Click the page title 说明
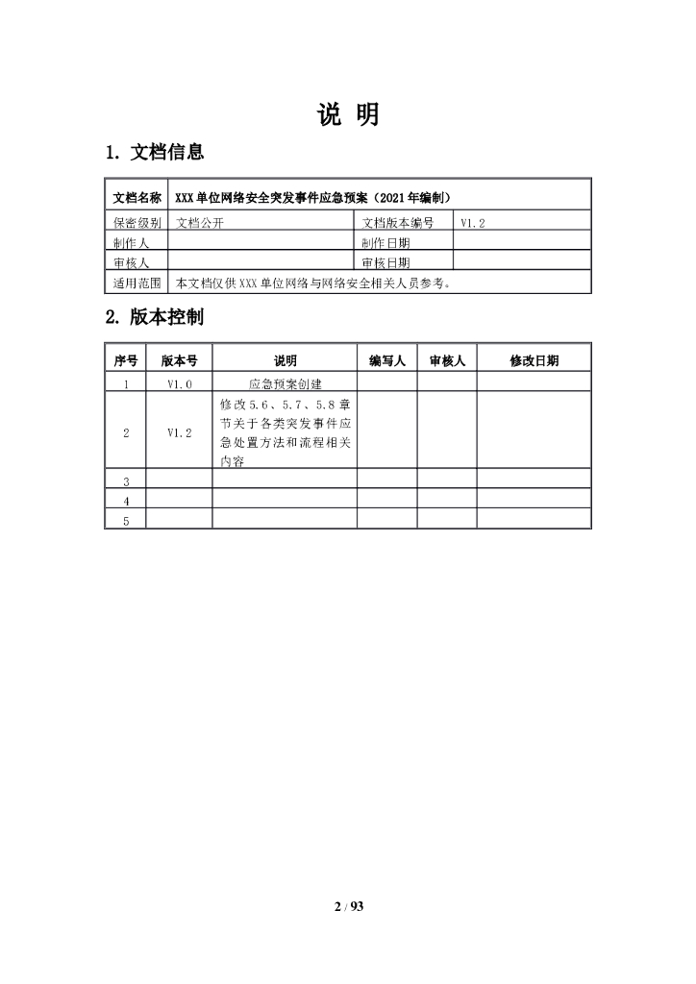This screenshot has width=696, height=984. click(x=348, y=114)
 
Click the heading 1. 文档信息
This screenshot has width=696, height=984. click(x=154, y=152)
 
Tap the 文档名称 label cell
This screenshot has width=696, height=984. click(x=137, y=198)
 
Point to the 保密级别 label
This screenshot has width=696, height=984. click(x=137, y=222)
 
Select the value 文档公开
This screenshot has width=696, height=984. click(x=199, y=222)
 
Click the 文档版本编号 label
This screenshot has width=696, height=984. click(x=398, y=222)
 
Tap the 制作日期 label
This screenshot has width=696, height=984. click(x=386, y=243)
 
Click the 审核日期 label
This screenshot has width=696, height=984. click(x=386, y=262)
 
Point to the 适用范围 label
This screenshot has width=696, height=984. click(x=137, y=283)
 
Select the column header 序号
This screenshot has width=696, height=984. click(x=125, y=361)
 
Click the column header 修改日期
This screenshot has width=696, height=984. click(x=534, y=361)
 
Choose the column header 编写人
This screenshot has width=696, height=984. click(x=387, y=361)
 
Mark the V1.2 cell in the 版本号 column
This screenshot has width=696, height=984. click(x=180, y=432)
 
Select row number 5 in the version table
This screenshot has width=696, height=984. click(x=126, y=520)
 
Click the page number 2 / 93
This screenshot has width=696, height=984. click(x=348, y=906)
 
